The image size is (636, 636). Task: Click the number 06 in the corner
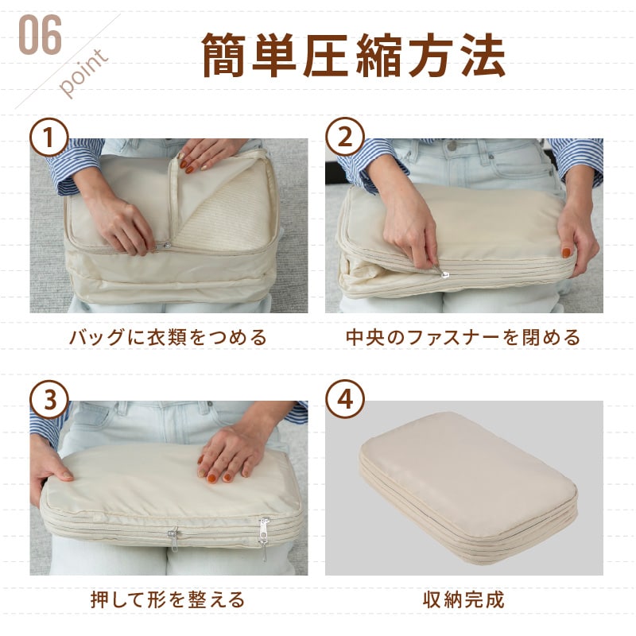click(x=41, y=35)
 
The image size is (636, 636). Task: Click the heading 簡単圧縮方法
click(x=353, y=55)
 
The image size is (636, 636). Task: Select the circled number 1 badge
click(x=49, y=137)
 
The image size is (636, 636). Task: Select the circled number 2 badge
click(x=345, y=137)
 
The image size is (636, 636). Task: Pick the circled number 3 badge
click(x=49, y=400)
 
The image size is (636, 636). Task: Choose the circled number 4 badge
click(x=345, y=400)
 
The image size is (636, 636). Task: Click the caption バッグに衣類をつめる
click(x=168, y=337)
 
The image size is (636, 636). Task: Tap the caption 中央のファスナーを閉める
click(x=463, y=337)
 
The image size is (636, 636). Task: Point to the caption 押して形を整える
click(x=168, y=599)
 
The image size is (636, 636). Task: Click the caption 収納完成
click(x=463, y=599)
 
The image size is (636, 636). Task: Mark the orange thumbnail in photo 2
click(x=566, y=253)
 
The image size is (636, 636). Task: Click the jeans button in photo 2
click(x=452, y=145)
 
